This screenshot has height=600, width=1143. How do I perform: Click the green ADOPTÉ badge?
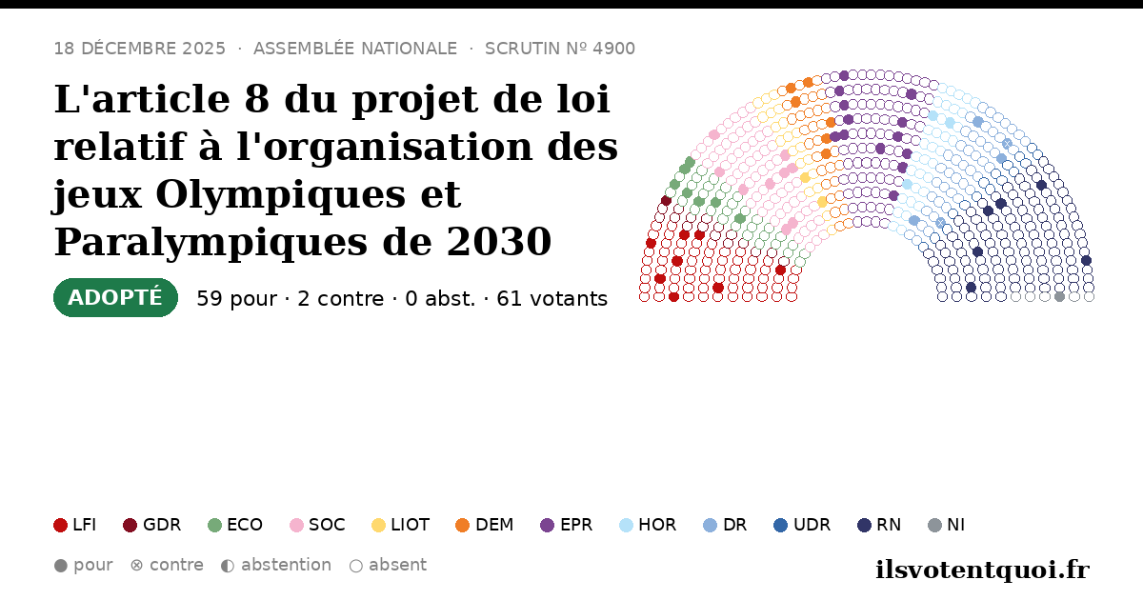click(115, 297)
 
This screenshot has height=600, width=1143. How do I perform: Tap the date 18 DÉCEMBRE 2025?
click(139, 49)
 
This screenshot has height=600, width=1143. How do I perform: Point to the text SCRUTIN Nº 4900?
click(560, 49)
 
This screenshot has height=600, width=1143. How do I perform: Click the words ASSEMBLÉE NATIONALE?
click(355, 49)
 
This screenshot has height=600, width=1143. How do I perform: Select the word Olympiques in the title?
click(280, 195)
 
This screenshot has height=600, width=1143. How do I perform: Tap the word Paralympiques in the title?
click(211, 242)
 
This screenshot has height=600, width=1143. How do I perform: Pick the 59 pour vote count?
click(237, 299)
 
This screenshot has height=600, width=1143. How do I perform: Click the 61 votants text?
click(552, 299)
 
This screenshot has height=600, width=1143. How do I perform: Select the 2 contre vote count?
click(340, 299)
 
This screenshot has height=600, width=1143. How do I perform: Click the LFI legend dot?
click(60, 525)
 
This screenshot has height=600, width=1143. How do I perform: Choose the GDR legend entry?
click(152, 525)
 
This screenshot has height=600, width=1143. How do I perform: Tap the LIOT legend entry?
click(401, 525)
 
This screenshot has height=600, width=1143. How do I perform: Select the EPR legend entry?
click(567, 525)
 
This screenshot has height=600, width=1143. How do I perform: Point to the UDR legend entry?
click(802, 525)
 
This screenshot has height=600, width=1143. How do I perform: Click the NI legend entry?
click(946, 525)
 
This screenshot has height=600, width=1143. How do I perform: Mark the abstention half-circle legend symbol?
click(228, 566)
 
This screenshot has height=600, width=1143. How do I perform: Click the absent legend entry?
click(388, 566)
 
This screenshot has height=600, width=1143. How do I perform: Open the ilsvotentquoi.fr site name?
click(982, 570)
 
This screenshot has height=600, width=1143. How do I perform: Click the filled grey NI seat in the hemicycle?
click(1059, 297)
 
